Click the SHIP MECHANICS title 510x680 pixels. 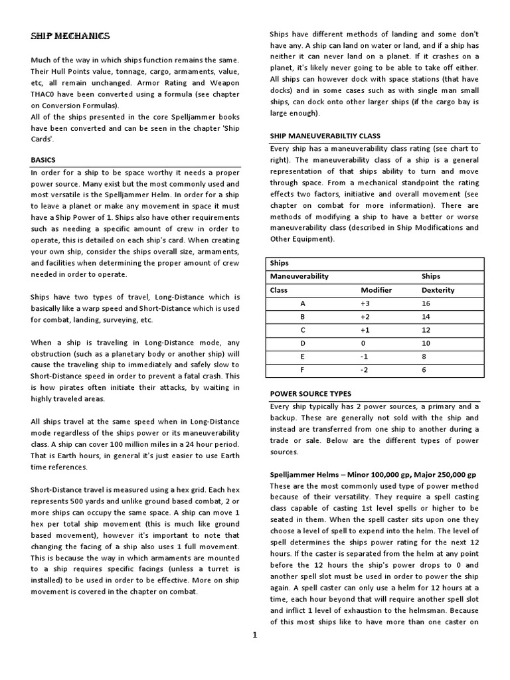[x=70, y=36]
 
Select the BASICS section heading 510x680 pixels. [x=44, y=160]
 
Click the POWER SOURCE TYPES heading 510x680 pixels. [x=310, y=393]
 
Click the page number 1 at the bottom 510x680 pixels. [x=254, y=635]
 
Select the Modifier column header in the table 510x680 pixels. [x=376, y=290]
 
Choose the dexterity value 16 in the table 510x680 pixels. [x=426, y=303]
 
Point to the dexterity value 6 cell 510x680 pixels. [x=424, y=370]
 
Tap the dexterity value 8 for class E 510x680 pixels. [x=424, y=357]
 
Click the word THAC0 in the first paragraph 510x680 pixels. [x=44, y=93]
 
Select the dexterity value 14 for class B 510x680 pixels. [x=426, y=317]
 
